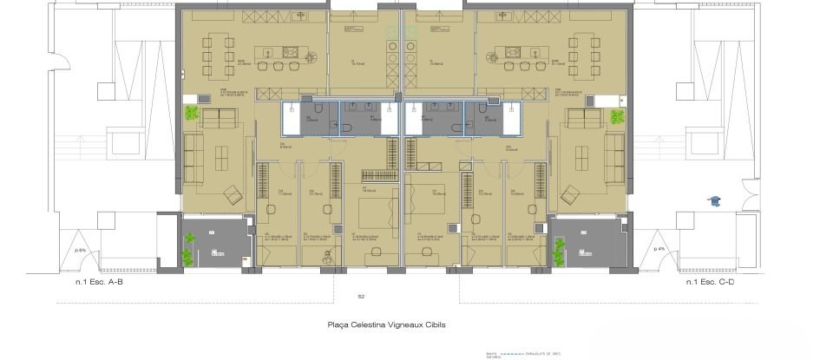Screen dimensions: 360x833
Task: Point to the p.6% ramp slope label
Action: click(x=82, y=250)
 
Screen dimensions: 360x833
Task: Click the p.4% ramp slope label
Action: click(x=659, y=249)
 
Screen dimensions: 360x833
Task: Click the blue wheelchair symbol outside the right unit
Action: click(x=715, y=200)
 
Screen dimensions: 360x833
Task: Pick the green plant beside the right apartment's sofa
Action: click(x=617, y=115)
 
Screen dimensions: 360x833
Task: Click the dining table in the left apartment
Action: click(x=212, y=51)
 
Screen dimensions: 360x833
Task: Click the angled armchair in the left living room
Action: click(x=232, y=193)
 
